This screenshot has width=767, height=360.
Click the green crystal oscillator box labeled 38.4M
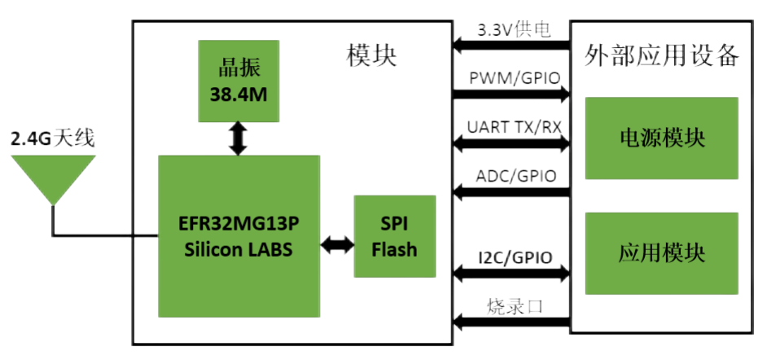pyautogui.click(x=238, y=81)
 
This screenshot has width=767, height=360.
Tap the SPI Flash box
pyautogui.click(x=394, y=237)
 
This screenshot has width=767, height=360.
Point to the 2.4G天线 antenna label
pyautogui.click(x=52, y=139)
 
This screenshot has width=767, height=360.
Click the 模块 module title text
pyautogui.click(x=371, y=57)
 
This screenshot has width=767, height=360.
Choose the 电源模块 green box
pyautogui.click(x=661, y=138)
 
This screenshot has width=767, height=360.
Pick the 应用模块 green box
pyautogui.click(x=661, y=253)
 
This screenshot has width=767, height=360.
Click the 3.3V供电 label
pyautogui.click(x=514, y=31)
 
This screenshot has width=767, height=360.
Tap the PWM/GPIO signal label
pyautogui.click(x=514, y=78)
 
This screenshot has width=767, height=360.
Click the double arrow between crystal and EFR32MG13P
pyautogui.click(x=238, y=139)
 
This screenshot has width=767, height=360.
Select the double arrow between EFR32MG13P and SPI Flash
pyautogui.click(x=336, y=241)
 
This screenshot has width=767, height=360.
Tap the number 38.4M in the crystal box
pyautogui.click(x=238, y=94)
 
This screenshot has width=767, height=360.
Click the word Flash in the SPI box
pyautogui.click(x=394, y=249)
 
